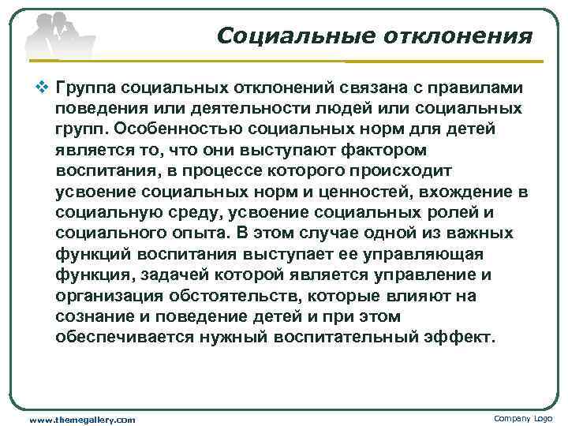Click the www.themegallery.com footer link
click(82, 419)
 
